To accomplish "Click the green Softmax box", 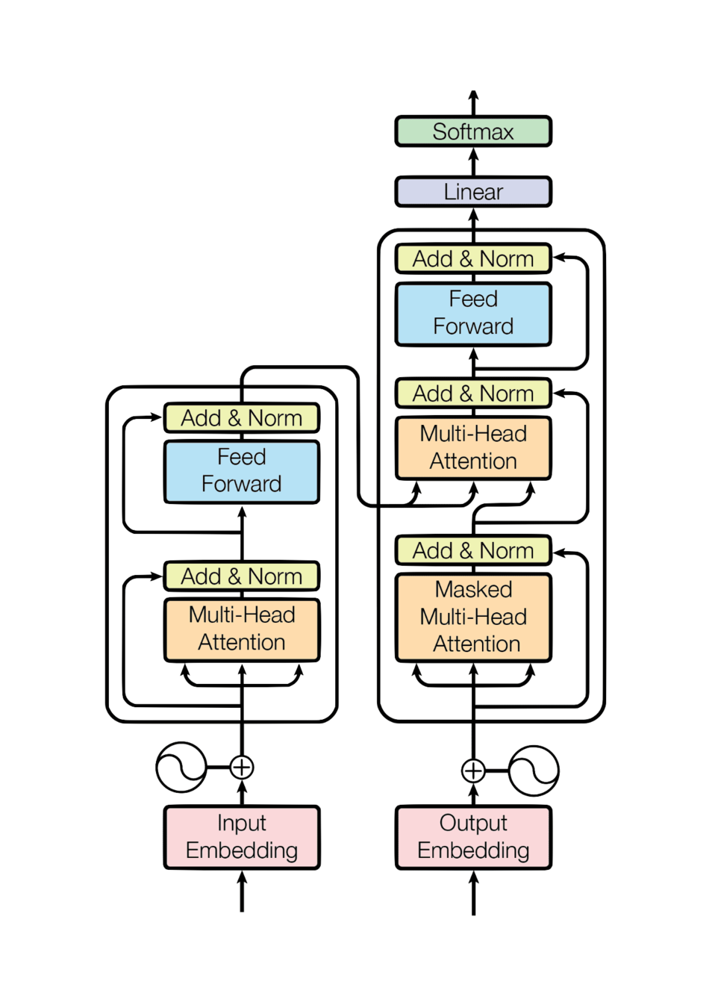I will (x=473, y=131).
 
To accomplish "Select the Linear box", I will (x=473, y=192).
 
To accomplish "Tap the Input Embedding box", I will (x=242, y=837).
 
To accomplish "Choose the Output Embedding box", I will (x=473, y=837).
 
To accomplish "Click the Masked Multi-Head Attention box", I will (x=473, y=617).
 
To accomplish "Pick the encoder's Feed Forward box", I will (x=242, y=470).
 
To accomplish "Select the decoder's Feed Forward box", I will (x=473, y=313).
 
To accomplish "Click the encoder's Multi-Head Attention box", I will (x=242, y=629).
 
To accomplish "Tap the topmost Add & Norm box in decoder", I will (x=473, y=259).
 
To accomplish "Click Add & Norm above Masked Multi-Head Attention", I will (x=473, y=550).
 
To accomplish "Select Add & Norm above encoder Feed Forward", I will (x=242, y=418).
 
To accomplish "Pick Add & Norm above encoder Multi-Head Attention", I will (x=242, y=576).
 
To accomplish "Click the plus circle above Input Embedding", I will (x=242, y=767).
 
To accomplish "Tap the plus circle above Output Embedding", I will (x=473, y=770).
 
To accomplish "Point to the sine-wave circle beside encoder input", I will (x=181, y=767).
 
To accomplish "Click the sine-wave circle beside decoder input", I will (x=534, y=770).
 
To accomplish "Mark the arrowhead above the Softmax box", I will (x=473, y=96).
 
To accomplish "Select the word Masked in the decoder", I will (x=473, y=590).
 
